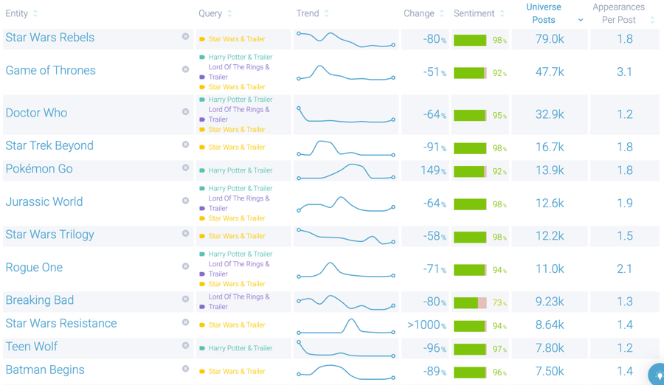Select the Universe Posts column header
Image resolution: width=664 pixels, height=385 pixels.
pos(544,13)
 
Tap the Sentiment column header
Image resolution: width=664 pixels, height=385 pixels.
pos(474,14)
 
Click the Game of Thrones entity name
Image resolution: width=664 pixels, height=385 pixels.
pos(50,71)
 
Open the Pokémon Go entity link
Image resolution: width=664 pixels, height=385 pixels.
pos(39,169)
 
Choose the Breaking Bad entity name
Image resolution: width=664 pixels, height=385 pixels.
pos(39,300)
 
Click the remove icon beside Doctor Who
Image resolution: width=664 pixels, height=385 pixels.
pos(185,112)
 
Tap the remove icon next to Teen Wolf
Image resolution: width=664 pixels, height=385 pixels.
pos(185,345)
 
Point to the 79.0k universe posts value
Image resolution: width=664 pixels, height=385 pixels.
pos(549,39)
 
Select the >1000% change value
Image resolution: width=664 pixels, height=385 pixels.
pos(427,325)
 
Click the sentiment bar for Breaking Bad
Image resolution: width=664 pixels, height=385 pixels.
pos(470,302)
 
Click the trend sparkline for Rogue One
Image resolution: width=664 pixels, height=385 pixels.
pos(346,269)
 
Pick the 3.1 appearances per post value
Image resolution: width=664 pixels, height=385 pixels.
pos(624,72)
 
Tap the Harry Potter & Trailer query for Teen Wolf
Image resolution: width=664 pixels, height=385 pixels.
pos(240,348)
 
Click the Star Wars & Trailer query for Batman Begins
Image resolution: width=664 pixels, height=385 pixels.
pos(236,371)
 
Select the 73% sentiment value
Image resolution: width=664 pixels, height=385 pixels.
pos(499,303)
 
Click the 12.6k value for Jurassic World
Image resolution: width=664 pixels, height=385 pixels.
pos(549,204)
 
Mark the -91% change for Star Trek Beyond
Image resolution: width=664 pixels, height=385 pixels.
pos(435,147)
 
